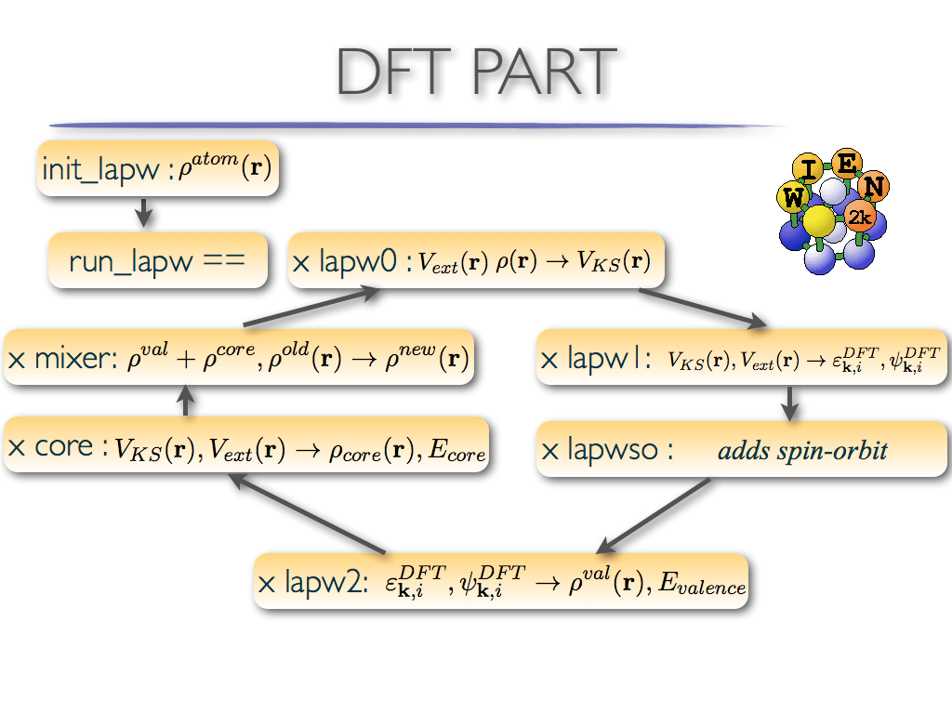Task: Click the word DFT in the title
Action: tap(394, 72)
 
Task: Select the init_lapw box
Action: tap(158, 168)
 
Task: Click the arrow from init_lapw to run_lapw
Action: tap(143, 214)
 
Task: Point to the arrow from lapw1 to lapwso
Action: tap(789, 402)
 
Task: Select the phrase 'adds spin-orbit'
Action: tap(802, 452)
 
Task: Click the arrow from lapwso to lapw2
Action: tap(655, 516)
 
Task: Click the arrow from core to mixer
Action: tap(186, 401)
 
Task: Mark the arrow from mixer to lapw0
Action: tap(311, 308)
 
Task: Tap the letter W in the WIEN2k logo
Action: tap(793, 197)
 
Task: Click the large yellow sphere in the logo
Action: tap(818, 222)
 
